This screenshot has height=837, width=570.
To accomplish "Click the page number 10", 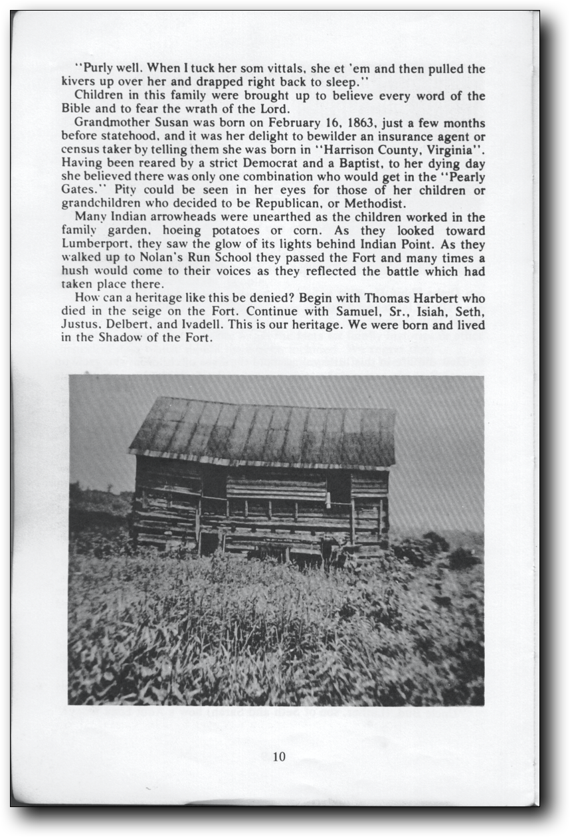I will point(279,756).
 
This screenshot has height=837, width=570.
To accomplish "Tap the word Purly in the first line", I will point(99,68).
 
